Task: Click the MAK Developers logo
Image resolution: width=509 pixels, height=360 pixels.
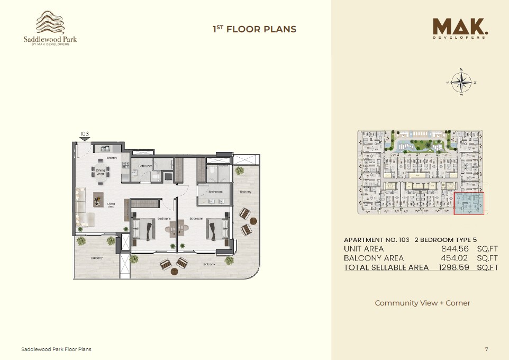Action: pos(460,29)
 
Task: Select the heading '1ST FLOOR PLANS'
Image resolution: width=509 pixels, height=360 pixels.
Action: pos(254,29)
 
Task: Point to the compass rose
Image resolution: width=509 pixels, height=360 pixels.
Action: pos(462,82)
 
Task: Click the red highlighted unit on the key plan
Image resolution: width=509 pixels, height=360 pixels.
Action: pos(469,204)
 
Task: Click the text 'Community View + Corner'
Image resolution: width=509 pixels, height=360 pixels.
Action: pos(422,303)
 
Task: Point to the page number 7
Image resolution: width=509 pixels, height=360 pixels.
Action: pos(486,349)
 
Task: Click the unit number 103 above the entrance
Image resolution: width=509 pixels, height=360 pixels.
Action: pos(84,134)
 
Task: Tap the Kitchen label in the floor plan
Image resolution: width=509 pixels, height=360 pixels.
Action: pos(111,158)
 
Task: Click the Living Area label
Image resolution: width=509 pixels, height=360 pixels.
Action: pos(111,204)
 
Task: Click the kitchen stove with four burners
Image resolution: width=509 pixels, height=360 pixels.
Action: pos(125,165)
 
